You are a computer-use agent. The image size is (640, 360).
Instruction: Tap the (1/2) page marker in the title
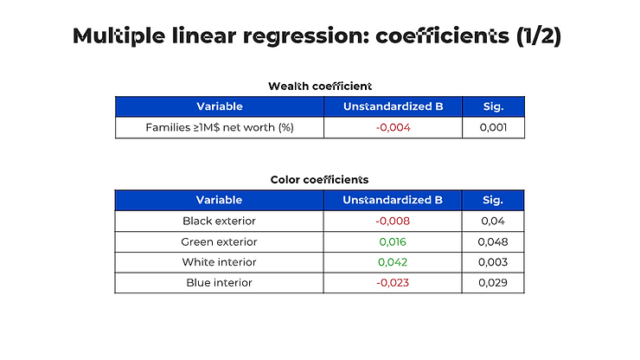(x=539, y=36)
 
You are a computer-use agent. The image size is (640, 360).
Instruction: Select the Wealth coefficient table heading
(x=320, y=87)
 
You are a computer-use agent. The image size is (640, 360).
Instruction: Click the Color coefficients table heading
(x=320, y=180)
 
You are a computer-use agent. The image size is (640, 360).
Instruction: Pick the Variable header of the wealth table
(x=220, y=106)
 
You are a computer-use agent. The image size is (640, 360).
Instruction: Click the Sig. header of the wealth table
(x=494, y=106)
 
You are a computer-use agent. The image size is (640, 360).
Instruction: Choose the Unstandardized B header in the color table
(x=393, y=200)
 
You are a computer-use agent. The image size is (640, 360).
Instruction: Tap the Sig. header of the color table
(x=493, y=200)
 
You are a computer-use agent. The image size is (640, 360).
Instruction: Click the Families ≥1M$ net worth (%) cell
(x=220, y=127)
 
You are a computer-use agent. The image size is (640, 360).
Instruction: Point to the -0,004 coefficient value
(x=393, y=127)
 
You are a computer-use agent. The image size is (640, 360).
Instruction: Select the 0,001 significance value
(x=494, y=127)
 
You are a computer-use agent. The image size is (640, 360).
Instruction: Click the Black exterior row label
(x=219, y=221)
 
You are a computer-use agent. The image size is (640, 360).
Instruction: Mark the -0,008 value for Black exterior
(x=393, y=221)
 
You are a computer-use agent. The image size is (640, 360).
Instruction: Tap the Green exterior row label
(x=219, y=242)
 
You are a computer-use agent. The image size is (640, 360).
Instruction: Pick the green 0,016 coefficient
(x=393, y=242)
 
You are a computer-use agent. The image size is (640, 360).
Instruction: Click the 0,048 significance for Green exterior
(x=493, y=242)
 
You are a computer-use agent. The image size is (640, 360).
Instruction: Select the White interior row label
(x=219, y=262)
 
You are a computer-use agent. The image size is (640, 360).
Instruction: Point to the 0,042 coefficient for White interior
(x=393, y=262)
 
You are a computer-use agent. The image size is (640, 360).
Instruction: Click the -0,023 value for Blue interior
(x=393, y=283)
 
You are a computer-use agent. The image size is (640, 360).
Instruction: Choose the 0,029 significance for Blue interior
(x=493, y=283)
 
